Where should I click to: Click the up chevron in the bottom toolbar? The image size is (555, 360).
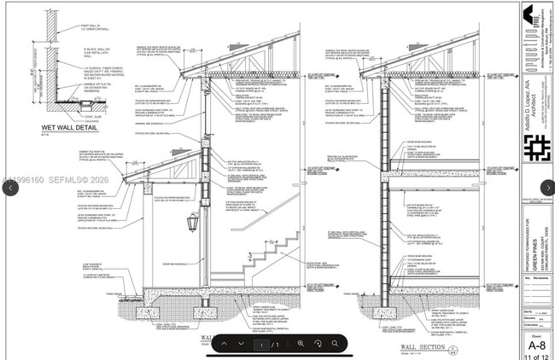pos(224,344)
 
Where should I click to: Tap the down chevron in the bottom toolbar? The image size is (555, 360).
pos(242,344)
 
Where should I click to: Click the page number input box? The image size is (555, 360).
pos(261,344)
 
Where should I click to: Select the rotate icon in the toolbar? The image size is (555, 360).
pos(318,344)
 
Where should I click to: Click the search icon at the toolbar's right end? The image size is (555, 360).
pos(336,344)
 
